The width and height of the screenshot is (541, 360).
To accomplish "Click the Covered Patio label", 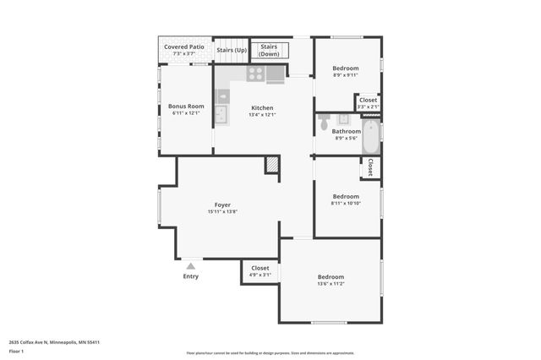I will pyautogui.click(x=184, y=46).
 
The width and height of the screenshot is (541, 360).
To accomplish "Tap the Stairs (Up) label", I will pyautogui.click(x=232, y=50).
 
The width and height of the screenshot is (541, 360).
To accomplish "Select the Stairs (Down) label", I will pyautogui.click(x=269, y=50).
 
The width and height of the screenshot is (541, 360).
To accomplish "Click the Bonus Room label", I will pyautogui.click(x=186, y=106).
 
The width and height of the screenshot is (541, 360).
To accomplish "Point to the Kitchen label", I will pyautogui.click(x=262, y=107).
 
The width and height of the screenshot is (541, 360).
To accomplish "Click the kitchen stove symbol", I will pyautogui.click(x=255, y=74).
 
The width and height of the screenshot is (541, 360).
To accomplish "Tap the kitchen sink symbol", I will pyautogui.click(x=221, y=114).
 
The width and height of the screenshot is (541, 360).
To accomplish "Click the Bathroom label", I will pyautogui.click(x=346, y=131).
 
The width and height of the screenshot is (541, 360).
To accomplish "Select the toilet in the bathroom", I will pyautogui.click(x=324, y=123).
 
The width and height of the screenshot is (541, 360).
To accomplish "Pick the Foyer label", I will pyautogui.click(x=222, y=205).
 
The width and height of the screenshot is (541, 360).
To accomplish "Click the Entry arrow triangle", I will pyautogui.click(x=190, y=265).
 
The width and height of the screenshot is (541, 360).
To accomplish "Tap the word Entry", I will pyautogui.click(x=191, y=276).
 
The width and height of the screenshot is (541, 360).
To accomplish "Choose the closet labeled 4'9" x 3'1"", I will pyautogui.click(x=260, y=271).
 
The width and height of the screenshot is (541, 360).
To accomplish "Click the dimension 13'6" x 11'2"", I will pyautogui.click(x=331, y=285).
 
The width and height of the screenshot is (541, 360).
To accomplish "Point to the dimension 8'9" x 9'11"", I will pyautogui.click(x=345, y=75).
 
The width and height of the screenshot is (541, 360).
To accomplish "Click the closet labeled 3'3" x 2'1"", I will pyautogui.click(x=369, y=103).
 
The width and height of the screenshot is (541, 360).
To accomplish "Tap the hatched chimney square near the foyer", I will pyautogui.click(x=272, y=166).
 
